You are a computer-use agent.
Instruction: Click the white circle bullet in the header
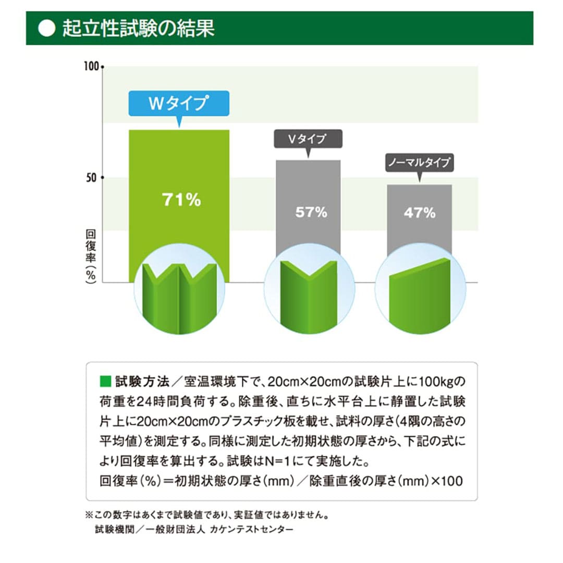point(47,29)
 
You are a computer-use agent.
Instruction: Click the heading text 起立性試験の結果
point(138,29)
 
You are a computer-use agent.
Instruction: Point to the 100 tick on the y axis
point(92,67)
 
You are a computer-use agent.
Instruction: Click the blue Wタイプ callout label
point(179,103)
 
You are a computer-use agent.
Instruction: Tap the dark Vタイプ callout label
point(308,139)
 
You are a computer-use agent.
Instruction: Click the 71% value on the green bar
point(181,200)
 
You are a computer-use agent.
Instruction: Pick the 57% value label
point(311,212)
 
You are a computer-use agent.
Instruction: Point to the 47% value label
point(419,212)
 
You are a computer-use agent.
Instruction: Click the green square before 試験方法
point(105,382)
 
